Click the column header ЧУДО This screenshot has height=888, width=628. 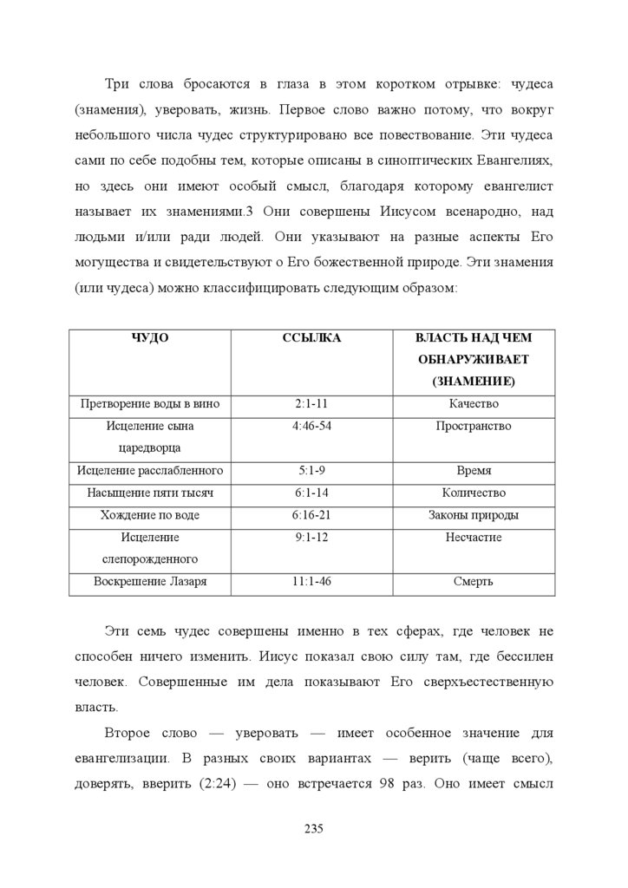tap(150, 338)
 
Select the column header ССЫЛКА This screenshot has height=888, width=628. tap(312, 338)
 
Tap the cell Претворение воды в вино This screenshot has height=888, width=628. tap(150, 404)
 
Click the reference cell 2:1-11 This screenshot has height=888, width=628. tap(312, 404)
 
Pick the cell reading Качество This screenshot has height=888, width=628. tap(474, 404)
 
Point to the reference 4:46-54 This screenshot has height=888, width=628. tap(312, 427)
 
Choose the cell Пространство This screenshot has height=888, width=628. tap(474, 427)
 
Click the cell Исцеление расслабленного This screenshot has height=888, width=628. tap(150, 471)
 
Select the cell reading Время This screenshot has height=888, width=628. tap(474, 471)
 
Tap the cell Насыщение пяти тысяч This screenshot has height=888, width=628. tap(150, 493)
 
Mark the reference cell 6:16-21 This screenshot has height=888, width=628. tap(312, 515)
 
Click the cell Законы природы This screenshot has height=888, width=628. tap(474, 515)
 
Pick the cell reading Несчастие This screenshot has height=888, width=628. tap(474, 538)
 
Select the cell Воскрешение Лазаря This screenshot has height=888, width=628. tap(150, 582)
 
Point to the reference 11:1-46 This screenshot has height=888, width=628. tap(312, 582)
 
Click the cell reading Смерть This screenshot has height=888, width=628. tap(474, 582)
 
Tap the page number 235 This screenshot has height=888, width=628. tap(313, 829)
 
